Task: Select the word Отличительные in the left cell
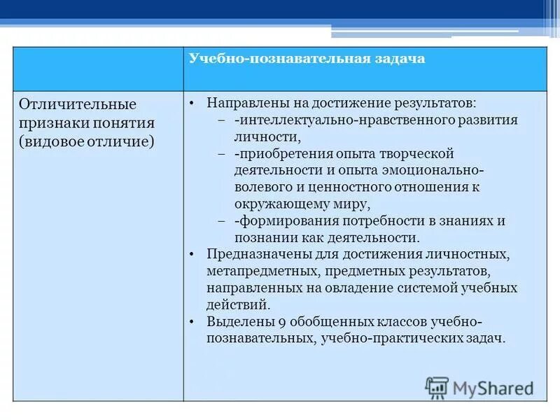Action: click(78, 104)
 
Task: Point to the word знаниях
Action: click(470, 220)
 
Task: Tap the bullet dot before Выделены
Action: click(192, 321)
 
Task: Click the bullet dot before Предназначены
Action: click(192, 254)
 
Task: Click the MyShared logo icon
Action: click(437, 387)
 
